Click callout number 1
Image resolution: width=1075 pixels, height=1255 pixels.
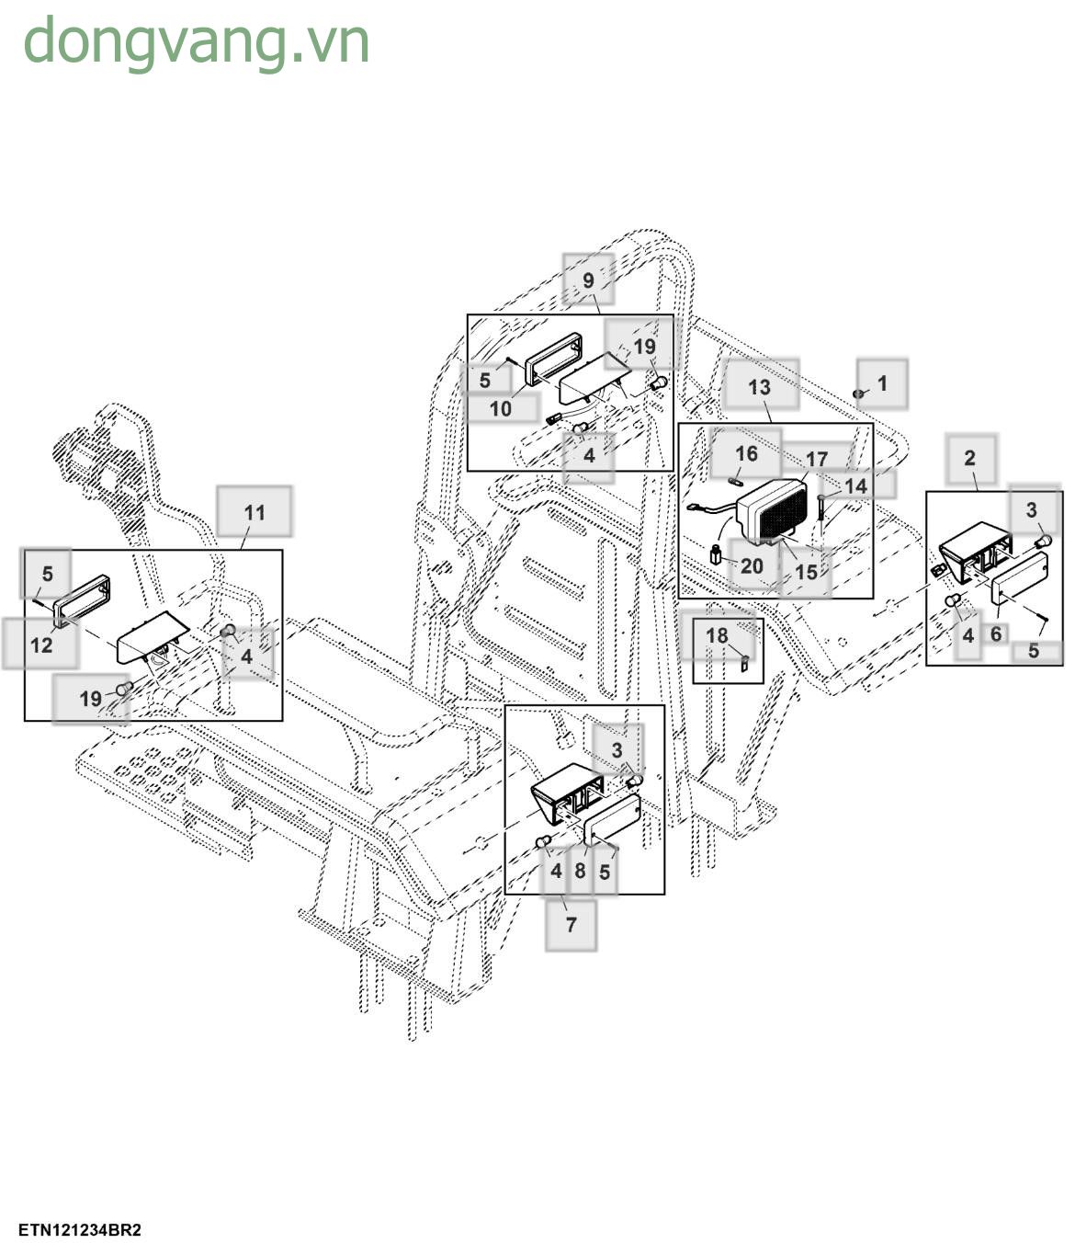coord(882,382)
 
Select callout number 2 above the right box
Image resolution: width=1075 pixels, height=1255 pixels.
coord(969,458)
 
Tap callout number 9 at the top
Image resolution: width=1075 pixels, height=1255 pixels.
coord(589,280)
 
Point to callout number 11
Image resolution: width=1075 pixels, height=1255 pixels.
coord(255,512)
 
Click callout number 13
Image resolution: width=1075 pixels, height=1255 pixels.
coord(759,386)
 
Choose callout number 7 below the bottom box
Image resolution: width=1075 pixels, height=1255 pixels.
coord(571,924)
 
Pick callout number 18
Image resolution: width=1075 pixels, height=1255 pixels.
coord(717,634)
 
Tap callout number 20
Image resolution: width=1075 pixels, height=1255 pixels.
coord(752,565)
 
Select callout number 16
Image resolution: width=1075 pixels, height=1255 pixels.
coord(746,453)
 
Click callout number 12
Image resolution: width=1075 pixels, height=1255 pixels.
coord(41,645)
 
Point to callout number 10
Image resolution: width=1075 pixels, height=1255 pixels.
coord(500,407)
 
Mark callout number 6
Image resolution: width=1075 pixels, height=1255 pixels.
coord(996,634)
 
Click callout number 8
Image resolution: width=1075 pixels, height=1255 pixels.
coord(580,870)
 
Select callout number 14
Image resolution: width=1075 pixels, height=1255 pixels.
coord(855,485)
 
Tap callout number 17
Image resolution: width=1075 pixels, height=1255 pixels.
coord(817,459)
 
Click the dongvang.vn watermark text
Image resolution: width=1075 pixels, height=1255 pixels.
coord(196,42)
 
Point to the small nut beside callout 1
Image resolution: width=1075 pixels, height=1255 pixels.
coord(858,394)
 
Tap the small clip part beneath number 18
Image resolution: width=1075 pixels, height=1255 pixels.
coord(743,659)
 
